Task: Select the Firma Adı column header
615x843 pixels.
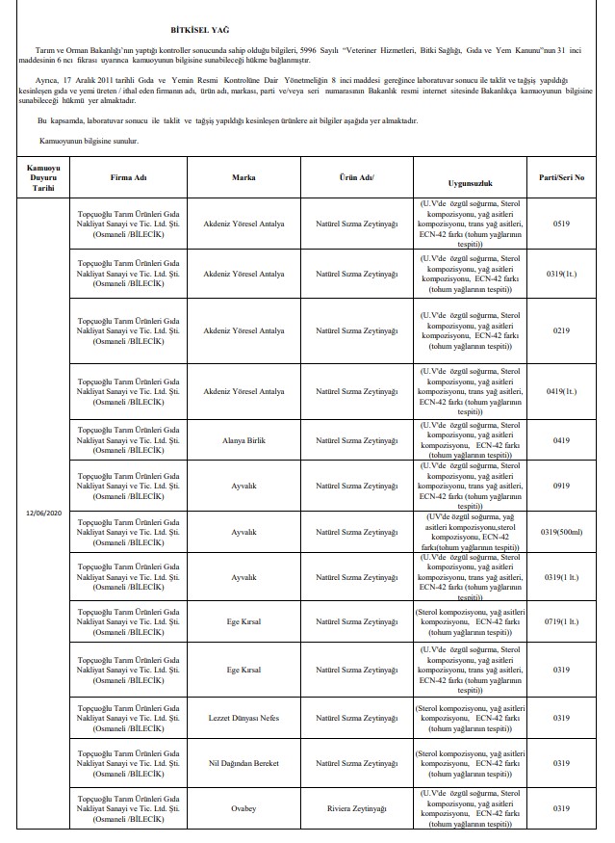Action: [128, 178]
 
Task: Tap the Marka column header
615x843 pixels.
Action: [243, 178]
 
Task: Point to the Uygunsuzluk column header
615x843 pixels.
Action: [472, 180]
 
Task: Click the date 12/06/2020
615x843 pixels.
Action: [43, 512]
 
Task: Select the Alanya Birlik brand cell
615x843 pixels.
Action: [243, 440]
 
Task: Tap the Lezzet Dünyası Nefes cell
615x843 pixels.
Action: [243, 718]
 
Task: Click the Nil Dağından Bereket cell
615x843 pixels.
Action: [243, 763]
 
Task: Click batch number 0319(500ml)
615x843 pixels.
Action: [565, 531]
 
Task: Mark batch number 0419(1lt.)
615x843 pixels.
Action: [564, 392]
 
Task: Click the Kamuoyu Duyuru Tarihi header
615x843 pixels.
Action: [43, 178]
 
